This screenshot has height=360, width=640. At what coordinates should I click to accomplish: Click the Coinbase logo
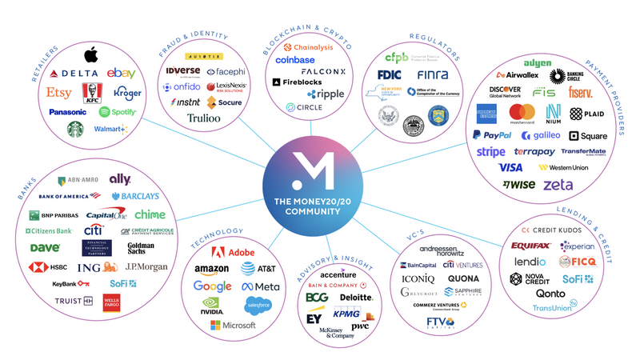pyautogui.click(x=294, y=60)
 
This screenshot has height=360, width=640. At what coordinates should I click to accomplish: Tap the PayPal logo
pyautogui.click(x=491, y=135)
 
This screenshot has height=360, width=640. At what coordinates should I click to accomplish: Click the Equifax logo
pyautogui.click(x=530, y=245)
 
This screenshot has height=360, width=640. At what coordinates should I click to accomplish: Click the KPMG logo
pyautogui.click(x=346, y=314)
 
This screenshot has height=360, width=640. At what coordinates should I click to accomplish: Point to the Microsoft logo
pyautogui.click(x=233, y=326)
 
